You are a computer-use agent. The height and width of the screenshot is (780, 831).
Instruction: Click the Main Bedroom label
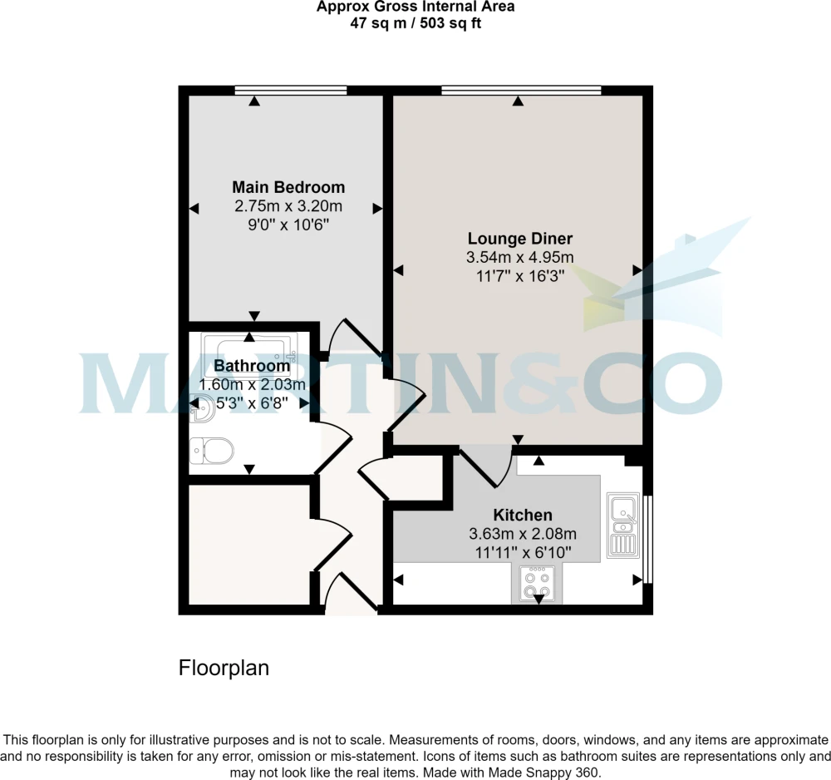pos(288,187)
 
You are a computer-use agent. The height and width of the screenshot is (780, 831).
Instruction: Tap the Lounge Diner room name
pos(520,239)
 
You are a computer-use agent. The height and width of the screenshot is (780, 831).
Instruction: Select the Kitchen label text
pos(523,515)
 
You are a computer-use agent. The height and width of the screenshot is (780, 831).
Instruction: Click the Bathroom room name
pos(252,366)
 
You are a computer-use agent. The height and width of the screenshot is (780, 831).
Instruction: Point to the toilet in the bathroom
pos(211,451)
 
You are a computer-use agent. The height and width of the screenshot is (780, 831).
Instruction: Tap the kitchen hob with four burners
pos(538,584)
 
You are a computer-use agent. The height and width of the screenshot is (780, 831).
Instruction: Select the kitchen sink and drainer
pos(622,525)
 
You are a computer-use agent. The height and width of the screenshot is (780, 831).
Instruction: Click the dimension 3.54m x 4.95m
pos(520,257)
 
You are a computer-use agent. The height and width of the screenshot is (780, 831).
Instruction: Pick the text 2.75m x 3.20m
pos(288,205)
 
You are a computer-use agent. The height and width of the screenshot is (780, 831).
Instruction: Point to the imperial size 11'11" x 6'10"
pos(523,552)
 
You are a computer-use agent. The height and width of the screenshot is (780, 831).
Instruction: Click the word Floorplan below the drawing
pos(224,668)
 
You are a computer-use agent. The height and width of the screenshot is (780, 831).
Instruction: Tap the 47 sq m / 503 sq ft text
pos(415,23)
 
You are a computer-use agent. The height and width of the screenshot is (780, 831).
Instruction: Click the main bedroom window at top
pos(291,90)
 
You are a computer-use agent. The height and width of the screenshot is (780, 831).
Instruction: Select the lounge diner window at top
pos(522,90)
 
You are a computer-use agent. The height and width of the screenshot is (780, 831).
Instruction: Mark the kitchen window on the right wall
pos(647,539)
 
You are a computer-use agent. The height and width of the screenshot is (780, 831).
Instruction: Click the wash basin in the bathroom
pos(202,409)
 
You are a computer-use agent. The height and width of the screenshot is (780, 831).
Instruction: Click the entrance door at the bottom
pos(351,592)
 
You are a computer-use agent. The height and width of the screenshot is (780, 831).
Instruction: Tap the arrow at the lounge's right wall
pos(637,270)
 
